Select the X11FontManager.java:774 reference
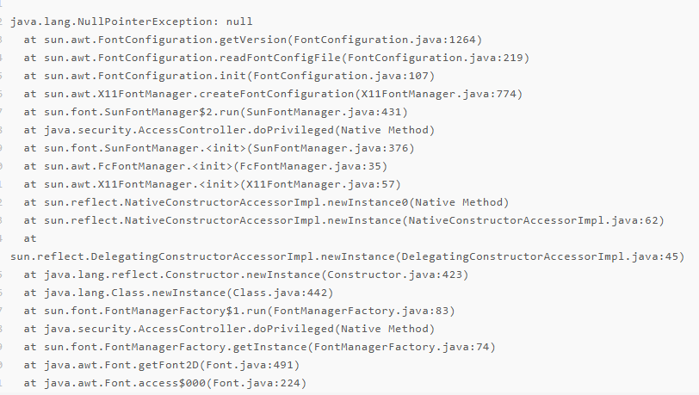tap(438, 94)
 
